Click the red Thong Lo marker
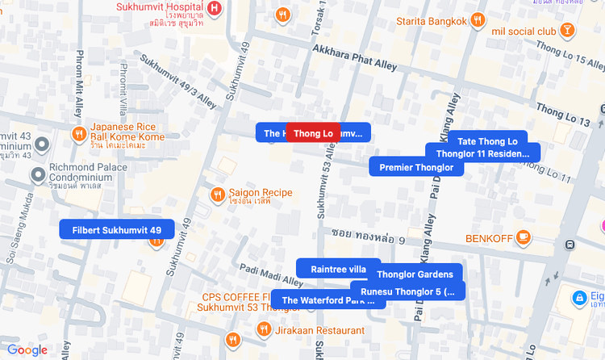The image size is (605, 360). point(313,133)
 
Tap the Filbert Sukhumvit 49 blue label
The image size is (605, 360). point(116,230)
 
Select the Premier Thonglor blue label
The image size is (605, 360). point(416,168)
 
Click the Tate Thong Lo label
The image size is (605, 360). point(487,141)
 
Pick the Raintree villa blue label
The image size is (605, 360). point(338,269)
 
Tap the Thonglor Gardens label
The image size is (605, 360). point(415,274)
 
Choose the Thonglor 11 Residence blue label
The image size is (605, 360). point(482,153)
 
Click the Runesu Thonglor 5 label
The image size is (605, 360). point(407,291)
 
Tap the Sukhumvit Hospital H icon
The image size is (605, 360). point(214,8)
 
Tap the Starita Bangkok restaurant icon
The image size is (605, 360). point(478,21)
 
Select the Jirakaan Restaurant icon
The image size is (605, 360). point(264,329)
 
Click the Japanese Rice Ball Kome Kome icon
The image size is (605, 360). point(79,134)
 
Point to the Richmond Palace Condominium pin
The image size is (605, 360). point(37,174)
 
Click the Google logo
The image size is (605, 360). point(27,350)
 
